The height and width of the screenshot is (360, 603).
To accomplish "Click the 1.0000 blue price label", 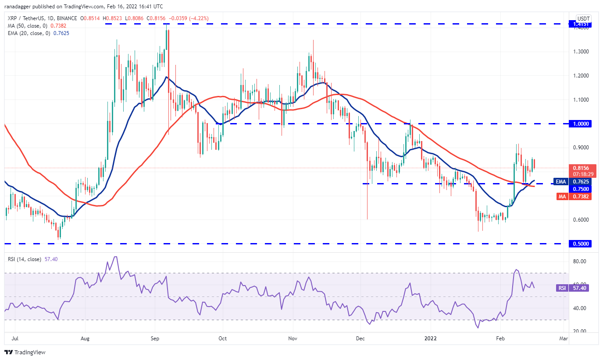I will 580,124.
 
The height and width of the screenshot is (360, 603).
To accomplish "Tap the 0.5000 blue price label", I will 580,244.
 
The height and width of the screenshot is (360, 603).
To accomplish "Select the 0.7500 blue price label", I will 580,189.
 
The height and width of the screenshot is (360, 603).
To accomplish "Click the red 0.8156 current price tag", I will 580,167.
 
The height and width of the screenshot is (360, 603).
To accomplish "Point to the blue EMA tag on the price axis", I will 561,181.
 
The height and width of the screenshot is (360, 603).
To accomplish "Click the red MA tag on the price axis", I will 561,197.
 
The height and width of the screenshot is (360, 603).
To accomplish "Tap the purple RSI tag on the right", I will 561,288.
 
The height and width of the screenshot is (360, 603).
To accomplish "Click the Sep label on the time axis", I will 154,339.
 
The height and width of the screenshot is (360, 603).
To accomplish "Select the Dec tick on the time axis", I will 360,339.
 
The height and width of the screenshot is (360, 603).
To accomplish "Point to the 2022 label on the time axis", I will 431,339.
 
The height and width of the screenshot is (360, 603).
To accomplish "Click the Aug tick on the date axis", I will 86,339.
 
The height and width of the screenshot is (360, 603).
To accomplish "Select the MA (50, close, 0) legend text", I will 26,25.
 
